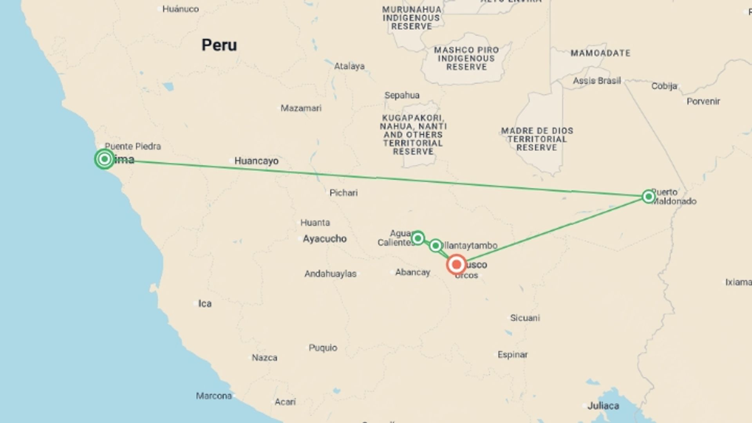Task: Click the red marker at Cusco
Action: [456, 265]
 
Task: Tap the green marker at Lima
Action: [104, 159]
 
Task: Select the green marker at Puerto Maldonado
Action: [649, 196]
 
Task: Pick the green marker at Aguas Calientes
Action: [418, 238]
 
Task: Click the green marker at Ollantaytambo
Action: [436, 246]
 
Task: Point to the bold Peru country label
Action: [219, 45]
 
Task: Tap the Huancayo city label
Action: [256, 161]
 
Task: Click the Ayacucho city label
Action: [324, 239]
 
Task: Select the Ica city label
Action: [204, 304]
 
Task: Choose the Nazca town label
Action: [264, 358]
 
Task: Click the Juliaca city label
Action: [603, 406]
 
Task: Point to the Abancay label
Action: [412, 272]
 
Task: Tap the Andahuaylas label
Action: [330, 274]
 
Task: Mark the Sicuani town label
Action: [524, 318]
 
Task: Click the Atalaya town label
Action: [349, 66]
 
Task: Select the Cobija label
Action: [664, 86]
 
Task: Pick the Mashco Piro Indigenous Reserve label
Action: [466, 58]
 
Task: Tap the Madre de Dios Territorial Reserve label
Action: [537, 139]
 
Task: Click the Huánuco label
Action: [180, 9]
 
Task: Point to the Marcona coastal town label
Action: [213, 396]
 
